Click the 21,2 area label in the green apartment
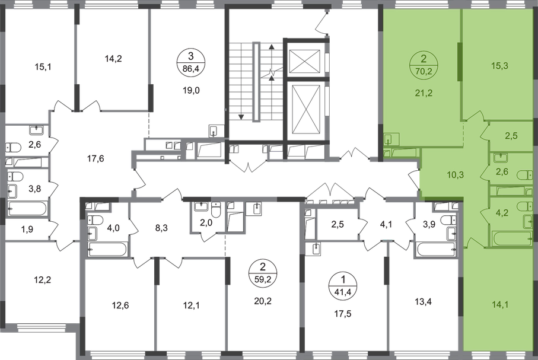coord(425,91)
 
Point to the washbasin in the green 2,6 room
coord(498,158)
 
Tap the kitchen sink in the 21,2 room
coord(389,141)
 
